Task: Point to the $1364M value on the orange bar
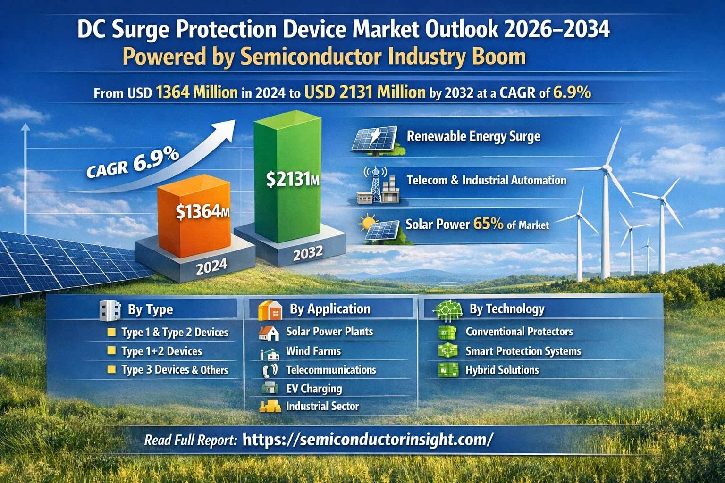coord(202,212)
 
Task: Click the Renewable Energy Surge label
coord(473,136)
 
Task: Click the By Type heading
coord(150,309)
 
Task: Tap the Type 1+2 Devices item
coord(161,351)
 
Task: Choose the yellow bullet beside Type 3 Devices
coord(111,369)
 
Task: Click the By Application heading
coord(330,309)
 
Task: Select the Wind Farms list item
coord(313,351)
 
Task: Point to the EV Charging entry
coord(314,389)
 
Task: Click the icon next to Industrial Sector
coord(270,406)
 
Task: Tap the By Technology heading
coord(506,309)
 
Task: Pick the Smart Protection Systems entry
coord(523,351)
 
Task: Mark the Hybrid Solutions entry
coord(502,370)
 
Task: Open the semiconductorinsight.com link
coord(368,439)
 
